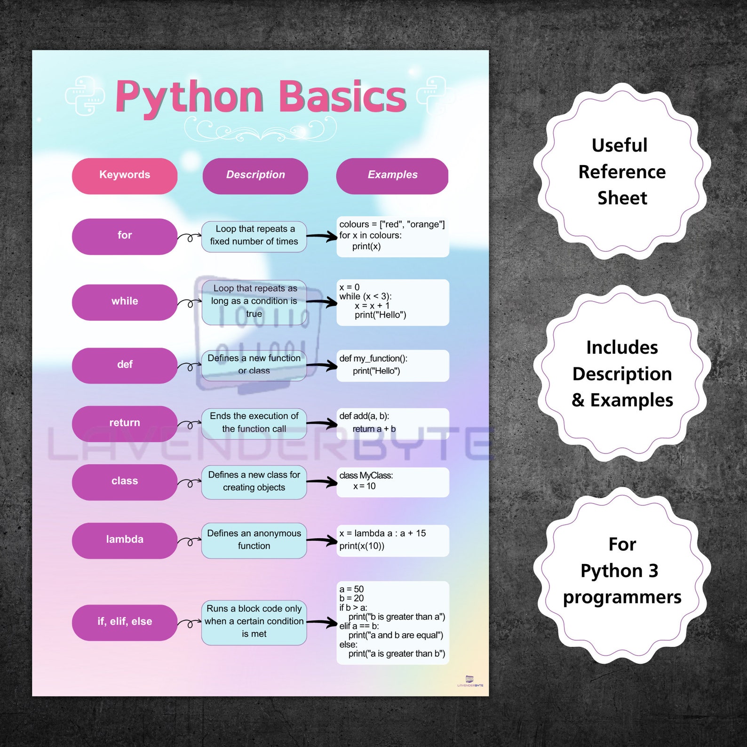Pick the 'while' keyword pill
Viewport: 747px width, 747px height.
click(125, 302)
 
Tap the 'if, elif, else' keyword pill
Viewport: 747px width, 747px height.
click(125, 622)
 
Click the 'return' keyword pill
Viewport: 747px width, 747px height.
click(125, 423)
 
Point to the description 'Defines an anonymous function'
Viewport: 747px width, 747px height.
click(254, 540)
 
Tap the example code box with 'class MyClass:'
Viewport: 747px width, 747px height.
click(392, 482)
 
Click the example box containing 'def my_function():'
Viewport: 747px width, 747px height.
click(392, 366)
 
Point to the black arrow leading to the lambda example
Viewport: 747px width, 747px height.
click(322, 540)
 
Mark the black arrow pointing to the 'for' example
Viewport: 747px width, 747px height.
click(322, 237)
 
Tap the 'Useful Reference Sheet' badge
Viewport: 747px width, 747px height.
click(622, 172)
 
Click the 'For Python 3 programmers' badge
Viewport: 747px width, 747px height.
click(622, 571)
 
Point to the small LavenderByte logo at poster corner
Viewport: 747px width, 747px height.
click(470, 681)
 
